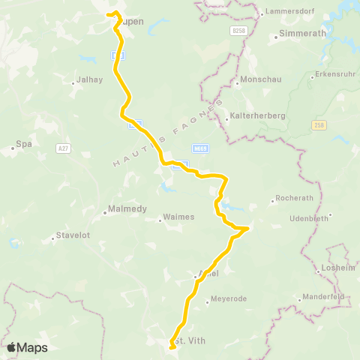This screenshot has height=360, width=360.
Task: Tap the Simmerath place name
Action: coord(298,34)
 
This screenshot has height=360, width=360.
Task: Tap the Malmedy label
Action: coord(127,209)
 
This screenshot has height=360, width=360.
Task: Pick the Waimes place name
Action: coord(179,217)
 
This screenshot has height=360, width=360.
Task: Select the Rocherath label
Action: coord(295,200)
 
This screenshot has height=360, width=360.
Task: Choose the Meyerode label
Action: coord(229,298)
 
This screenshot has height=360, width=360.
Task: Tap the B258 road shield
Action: coord(239,30)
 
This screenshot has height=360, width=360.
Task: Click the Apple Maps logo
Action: coord(26,347)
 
